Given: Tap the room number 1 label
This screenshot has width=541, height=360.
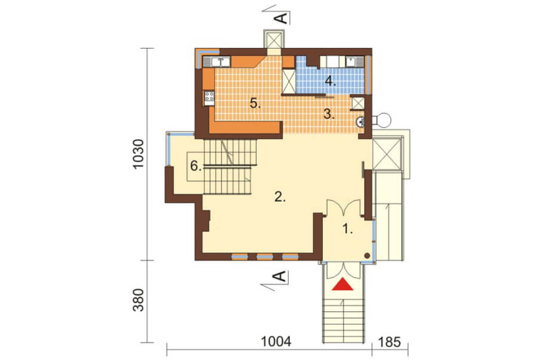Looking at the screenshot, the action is [348, 229].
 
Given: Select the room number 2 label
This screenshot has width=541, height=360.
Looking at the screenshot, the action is [280, 196].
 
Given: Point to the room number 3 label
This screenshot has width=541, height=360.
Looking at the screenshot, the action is [329, 114].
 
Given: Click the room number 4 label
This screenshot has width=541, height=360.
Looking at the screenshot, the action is [330, 81].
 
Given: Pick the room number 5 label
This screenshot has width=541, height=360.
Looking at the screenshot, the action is [255, 103].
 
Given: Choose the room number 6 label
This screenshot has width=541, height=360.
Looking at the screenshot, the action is [195, 166].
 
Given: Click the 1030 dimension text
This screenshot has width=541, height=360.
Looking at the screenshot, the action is [138, 154].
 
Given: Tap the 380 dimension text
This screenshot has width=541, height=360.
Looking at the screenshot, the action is [138, 300].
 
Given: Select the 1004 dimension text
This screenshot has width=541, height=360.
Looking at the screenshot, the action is [276, 342].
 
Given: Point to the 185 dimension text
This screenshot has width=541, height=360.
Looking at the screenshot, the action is [389, 342].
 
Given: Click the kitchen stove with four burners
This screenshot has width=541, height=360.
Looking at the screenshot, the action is [209, 98].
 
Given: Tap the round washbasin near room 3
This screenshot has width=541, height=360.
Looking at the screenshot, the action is [360, 121].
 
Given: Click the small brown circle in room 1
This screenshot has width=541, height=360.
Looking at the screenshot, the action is [368, 255].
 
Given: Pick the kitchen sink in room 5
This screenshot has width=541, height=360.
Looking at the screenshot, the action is [218, 62].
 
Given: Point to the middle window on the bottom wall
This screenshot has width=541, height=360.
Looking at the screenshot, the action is [265, 257].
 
